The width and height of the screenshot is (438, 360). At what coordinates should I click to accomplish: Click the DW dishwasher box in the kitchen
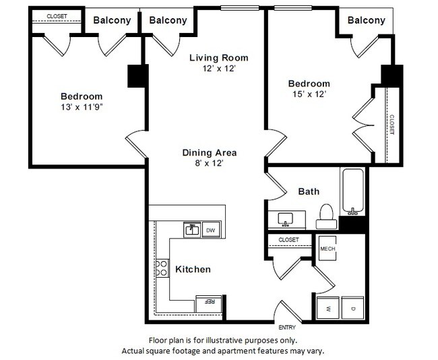pos(210,230)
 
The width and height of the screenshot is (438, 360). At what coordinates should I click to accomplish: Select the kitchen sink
pos(192,229)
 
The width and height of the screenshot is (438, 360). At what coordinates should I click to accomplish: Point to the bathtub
pos(353,190)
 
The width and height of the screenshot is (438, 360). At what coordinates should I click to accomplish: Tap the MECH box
pos(328,249)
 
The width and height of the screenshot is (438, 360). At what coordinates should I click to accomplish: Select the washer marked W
pos(328,308)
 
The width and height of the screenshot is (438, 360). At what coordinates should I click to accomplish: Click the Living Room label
pos(218,57)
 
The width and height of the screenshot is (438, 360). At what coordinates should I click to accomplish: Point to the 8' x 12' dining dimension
pos(209,163)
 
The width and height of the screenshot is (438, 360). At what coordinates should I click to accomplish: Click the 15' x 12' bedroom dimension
pos(308,94)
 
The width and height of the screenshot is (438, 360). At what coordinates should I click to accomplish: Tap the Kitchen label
pos(193,269)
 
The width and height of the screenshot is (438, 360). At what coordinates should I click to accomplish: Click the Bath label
pos(309,191)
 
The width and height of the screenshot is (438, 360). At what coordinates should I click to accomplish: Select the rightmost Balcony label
pos(366,20)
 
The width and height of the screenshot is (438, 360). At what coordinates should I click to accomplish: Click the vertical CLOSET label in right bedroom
pos(391,124)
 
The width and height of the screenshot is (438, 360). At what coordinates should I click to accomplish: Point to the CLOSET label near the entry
pos(288,239)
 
